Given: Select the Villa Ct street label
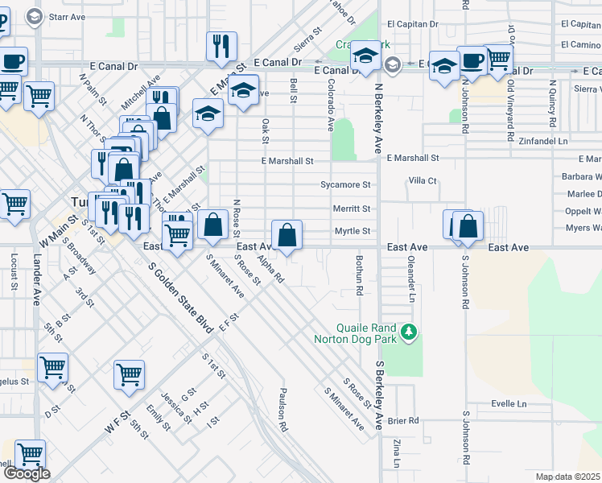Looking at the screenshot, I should (x=422, y=181).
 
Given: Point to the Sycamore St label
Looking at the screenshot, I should (x=345, y=185).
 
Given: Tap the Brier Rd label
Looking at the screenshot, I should (x=403, y=421).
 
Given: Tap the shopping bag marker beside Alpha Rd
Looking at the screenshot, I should (x=287, y=236).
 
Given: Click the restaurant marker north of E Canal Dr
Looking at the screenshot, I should (x=221, y=47).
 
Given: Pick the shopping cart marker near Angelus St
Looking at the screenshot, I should (x=52, y=369).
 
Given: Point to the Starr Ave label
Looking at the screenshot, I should (x=67, y=16).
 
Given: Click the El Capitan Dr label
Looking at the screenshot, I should (x=412, y=24).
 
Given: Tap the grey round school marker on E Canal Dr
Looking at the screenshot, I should (x=393, y=64).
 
